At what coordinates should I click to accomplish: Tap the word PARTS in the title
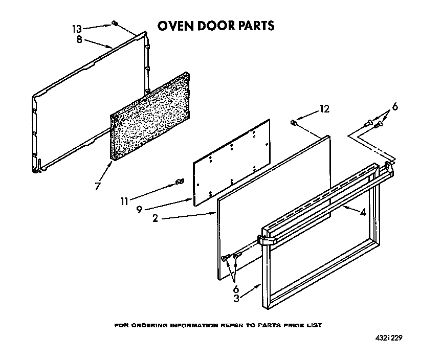pyautogui.click(x=254, y=26)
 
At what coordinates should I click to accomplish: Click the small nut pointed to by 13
pyautogui.click(x=116, y=24)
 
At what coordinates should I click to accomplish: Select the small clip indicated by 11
pyautogui.click(x=179, y=182)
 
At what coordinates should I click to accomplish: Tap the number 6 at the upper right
pyautogui.click(x=394, y=107)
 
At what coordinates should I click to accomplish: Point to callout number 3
pyautogui.click(x=236, y=299)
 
